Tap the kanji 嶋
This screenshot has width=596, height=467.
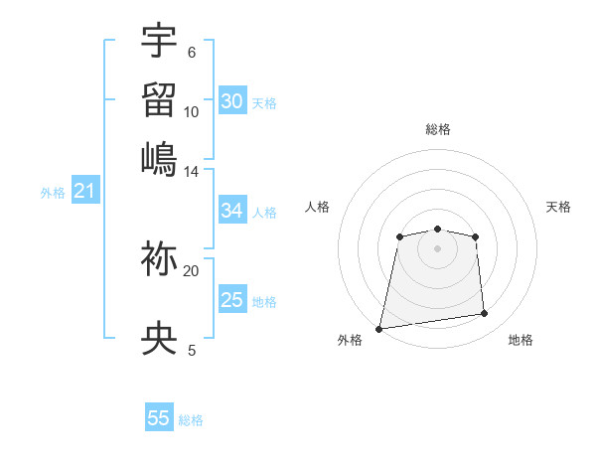click(159, 159)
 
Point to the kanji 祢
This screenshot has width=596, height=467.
click(159, 259)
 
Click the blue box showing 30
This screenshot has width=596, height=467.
click(232, 100)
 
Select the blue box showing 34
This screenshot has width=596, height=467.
click(232, 211)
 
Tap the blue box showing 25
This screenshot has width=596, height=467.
click(232, 300)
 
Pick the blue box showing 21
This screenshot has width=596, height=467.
click(84, 192)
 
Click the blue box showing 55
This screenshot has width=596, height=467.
click(159, 418)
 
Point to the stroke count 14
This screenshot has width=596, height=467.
click(192, 171)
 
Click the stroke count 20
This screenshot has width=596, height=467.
click(192, 270)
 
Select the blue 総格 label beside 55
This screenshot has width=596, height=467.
click(191, 420)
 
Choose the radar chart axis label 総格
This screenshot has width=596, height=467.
click(437, 129)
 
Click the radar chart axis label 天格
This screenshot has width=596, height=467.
click(558, 207)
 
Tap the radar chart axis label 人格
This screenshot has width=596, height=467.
click(318, 207)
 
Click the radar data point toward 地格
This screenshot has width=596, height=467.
click(485, 314)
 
